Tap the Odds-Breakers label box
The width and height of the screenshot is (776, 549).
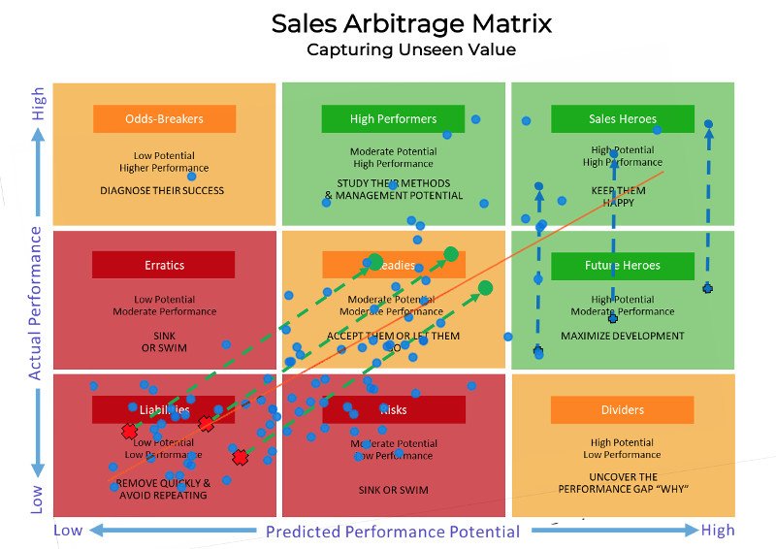[x=165, y=119]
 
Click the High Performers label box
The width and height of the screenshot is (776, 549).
[x=393, y=119]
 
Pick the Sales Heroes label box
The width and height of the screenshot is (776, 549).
[x=623, y=119]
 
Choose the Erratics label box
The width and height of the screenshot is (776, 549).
[x=164, y=265]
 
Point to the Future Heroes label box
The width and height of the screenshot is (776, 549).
[x=623, y=265]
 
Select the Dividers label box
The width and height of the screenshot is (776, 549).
[x=623, y=410]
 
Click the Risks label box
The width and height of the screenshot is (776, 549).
[x=393, y=410]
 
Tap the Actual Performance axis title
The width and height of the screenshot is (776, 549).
[x=35, y=303]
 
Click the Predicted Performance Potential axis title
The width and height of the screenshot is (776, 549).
[x=393, y=532]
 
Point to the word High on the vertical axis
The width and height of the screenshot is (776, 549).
[x=38, y=105]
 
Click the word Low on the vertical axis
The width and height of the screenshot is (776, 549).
[x=38, y=500]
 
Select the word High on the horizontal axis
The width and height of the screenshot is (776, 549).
[x=718, y=531]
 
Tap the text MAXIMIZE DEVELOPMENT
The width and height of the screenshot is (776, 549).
[x=623, y=337]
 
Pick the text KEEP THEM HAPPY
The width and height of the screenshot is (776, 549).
[x=619, y=197]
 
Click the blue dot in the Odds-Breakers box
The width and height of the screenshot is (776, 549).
[x=192, y=177]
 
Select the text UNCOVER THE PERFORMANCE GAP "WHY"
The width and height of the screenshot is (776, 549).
[x=623, y=482]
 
